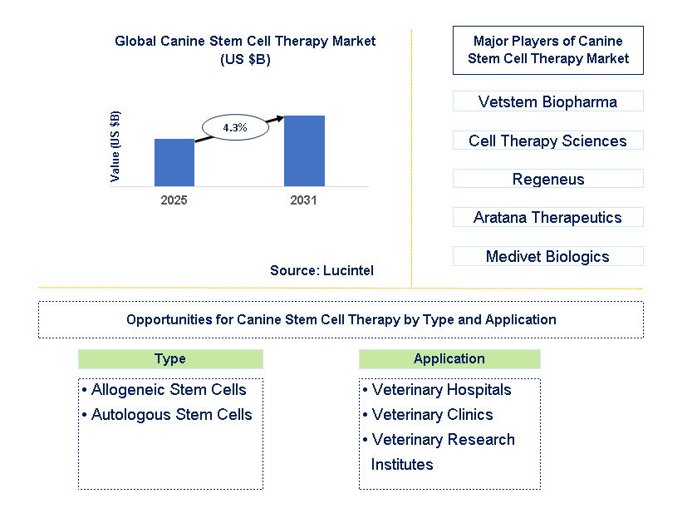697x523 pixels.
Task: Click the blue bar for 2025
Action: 174,162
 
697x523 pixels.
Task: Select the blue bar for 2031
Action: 304,150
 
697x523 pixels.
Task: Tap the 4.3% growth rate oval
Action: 235,127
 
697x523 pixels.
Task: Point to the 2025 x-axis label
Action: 174,200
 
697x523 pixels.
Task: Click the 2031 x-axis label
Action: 304,200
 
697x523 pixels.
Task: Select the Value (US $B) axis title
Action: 115,146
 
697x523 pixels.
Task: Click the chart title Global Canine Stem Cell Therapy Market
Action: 245,42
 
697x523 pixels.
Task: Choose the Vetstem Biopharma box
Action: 547,102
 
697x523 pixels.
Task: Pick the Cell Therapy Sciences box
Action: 547,141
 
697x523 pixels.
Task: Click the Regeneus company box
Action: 547,179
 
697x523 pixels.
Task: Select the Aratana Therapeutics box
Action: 547,217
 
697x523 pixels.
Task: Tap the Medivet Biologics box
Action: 547,256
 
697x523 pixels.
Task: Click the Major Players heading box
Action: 547,50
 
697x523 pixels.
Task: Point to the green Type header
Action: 170,359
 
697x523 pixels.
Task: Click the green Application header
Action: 449,359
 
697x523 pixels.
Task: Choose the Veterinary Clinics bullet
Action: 432,414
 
